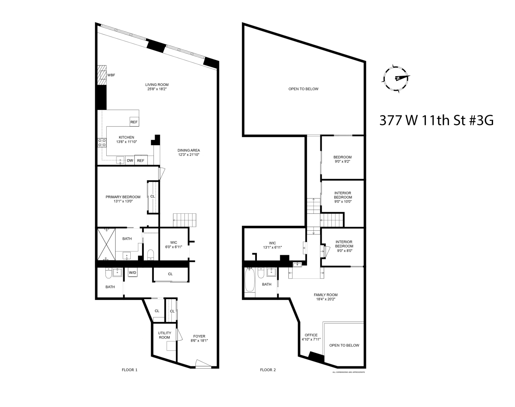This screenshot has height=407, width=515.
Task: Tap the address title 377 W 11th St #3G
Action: click(436, 120)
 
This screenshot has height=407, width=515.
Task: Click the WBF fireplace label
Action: click(111, 75)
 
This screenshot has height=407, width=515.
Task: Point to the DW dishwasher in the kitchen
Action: click(130, 161)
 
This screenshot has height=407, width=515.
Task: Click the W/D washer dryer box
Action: click(133, 273)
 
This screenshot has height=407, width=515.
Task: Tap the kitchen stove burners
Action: click(101, 143)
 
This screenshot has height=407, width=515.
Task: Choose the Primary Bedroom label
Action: click(123, 199)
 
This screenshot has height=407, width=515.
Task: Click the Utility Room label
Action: click(164, 335)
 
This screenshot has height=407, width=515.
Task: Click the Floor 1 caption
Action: click(129, 370)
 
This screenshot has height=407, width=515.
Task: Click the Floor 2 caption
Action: click(268, 370)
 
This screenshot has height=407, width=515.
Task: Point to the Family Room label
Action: click(325, 297)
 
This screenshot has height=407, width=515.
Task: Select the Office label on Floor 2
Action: click(311, 337)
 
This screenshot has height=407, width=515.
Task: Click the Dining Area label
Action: click(188, 152)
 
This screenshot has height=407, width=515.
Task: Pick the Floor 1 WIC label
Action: click(174, 245)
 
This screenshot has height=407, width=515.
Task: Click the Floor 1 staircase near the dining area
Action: click(184, 220)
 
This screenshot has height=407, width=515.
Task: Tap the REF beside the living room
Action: click(134, 122)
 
